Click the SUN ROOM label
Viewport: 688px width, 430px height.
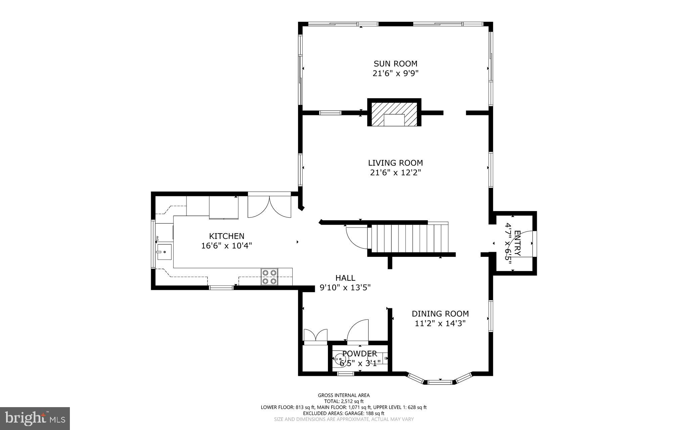coord(395,64)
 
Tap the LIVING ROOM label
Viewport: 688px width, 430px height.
coord(395,163)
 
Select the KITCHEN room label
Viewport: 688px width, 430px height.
coord(227,236)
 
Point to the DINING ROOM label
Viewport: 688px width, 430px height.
coord(440,314)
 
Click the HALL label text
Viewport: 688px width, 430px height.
coord(345,278)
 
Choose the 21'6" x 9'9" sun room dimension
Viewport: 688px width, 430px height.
coord(395,73)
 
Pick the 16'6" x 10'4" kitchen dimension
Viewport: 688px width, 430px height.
coord(227,246)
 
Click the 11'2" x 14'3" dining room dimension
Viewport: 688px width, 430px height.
coord(440,323)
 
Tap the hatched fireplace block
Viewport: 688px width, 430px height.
coord(394,113)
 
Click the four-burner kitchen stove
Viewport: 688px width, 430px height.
coord(269,277)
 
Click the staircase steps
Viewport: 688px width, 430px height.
coord(410,238)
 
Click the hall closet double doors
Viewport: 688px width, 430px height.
coord(315,335)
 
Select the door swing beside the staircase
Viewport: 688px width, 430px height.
coord(357,237)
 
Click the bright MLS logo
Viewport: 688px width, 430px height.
coord(35,419)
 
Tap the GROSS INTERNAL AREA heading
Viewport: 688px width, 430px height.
coord(344,395)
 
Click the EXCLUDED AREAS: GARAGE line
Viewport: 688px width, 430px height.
coord(344,413)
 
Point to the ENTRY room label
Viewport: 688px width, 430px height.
coord(517,243)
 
